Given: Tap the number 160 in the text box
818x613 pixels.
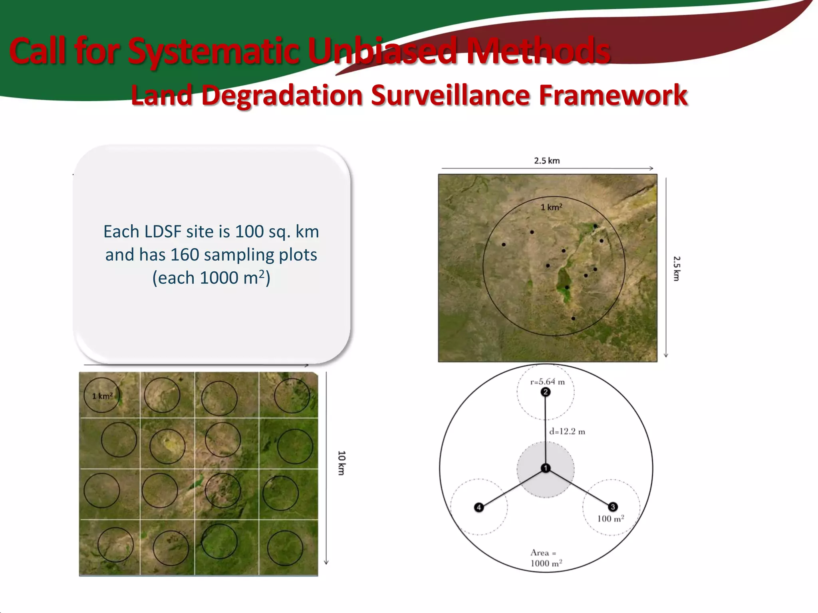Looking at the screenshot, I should pyautogui.click(x=185, y=255).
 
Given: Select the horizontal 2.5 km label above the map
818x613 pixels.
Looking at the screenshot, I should pyautogui.click(x=547, y=160).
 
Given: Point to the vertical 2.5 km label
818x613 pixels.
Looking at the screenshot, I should pyautogui.click(x=676, y=269).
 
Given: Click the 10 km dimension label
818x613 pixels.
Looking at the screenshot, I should pyautogui.click(x=341, y=463).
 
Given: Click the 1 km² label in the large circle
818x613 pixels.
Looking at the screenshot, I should pyautogui.click(x=551, y=207).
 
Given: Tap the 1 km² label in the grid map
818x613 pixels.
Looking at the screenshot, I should pyautogui.click(x=102, y=396).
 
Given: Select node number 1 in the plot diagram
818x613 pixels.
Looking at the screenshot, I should pyautogui.click(x=546, y=468).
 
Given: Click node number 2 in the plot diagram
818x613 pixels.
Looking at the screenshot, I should pyautogui.click(x=546, y=392).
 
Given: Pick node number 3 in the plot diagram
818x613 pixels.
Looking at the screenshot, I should pyautogui.click(x=613, y=507).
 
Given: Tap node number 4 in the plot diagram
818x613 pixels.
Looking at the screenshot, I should pyautogui.click(x=479, y=507).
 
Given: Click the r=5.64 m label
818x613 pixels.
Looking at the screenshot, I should pyautogui.click(x=547, y=382).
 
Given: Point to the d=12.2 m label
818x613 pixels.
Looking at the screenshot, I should pyautogui.click(x=567, y=431).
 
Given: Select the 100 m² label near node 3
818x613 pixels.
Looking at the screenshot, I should pyautogui.click(x=610, y=519).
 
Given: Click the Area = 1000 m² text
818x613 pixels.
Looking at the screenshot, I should pyautogui.click(x=546, y=558).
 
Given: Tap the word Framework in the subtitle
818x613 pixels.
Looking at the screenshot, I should pyautogui.click(x=613, y=96).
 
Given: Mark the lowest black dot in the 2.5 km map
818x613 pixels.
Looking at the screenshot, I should pyautogui.click(x=573, y=318).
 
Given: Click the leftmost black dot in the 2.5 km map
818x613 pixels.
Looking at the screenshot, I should pyautogui.click(x=504, y=245).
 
